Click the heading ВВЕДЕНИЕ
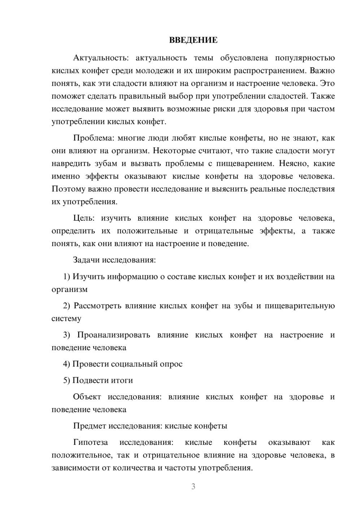193,40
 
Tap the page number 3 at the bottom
193,486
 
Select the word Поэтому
68,189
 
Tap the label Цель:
84,218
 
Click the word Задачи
87,260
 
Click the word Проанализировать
113,335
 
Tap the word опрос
171,364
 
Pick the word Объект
87,397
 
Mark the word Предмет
90,426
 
